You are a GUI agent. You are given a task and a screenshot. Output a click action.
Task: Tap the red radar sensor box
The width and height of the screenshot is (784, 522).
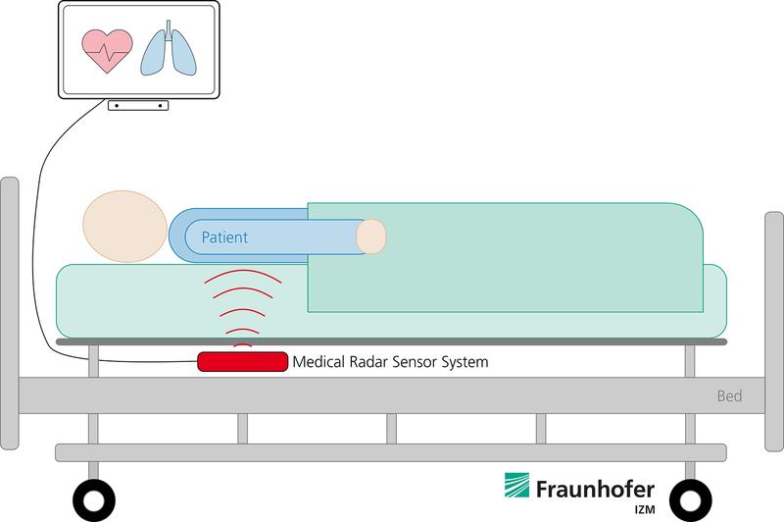[x=242, y=361]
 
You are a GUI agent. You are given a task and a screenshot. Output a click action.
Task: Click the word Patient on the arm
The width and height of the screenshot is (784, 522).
[x=224, y=236]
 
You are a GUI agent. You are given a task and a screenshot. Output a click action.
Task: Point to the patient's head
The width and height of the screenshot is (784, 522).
[x=125, y=227]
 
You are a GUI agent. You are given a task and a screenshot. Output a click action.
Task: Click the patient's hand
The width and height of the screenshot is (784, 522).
[x=371, y=236]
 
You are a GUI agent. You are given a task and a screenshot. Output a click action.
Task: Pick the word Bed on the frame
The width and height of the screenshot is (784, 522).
[x=729, y=395]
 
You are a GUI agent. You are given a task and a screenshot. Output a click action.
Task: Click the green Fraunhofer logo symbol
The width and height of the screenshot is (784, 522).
[x=516, y=485]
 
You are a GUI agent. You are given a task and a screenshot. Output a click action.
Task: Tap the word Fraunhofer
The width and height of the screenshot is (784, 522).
[x=595, y=489]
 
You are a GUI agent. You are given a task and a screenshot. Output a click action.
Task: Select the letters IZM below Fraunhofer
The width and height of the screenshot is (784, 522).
[x=645, y=510]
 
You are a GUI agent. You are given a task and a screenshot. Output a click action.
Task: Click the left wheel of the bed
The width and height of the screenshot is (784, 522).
[x=94, y=500]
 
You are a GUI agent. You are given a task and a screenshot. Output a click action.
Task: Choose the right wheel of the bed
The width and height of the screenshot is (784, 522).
[x=691, y=500]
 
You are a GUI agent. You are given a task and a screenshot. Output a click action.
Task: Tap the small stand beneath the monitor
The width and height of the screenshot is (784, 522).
[x=138, y=105]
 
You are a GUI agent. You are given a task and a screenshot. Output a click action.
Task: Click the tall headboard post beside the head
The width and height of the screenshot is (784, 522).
[x=10, y=313]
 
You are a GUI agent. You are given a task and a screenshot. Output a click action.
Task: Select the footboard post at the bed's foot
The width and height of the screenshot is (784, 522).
[x=774, y=332]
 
